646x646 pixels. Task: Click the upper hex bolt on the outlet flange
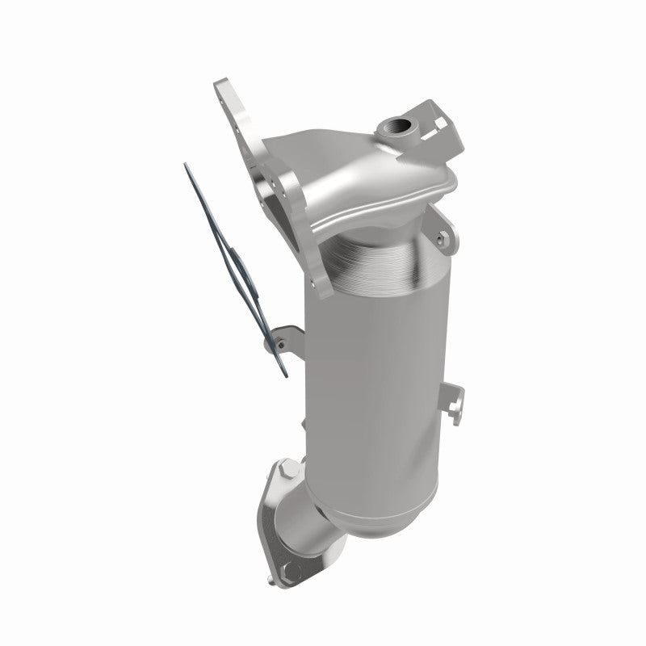[287, 469]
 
